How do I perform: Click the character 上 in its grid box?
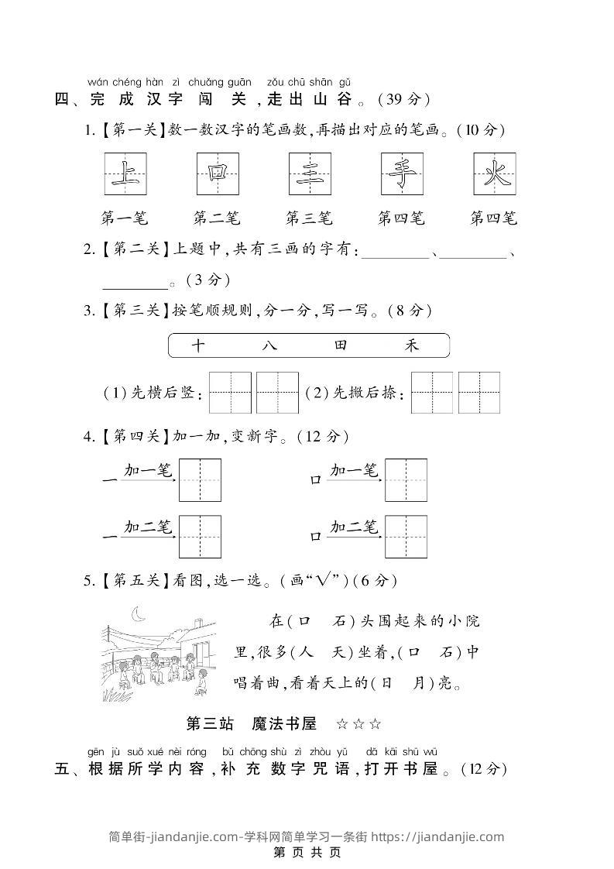(x=125, y=173)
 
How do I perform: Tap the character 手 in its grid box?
(x=402, y=173)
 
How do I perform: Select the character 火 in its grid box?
(x=494, y=173)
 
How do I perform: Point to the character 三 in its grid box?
(x=310, y=173)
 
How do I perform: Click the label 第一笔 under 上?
(x=124, y=218)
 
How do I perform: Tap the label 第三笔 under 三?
(x=309, y=218)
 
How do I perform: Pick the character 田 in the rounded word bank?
(x=341, y=345)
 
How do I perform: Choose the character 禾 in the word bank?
(x=412, y=345)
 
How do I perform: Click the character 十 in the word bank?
(x=197, y=345)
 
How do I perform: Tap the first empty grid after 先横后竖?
(x=230, y=393)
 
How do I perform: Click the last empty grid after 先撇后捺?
(x=479, y=393)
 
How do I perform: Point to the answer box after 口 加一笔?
(x=406, y=479)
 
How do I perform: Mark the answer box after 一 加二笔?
(x=200, y=536)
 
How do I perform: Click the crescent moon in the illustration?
(x=140, y=614)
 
